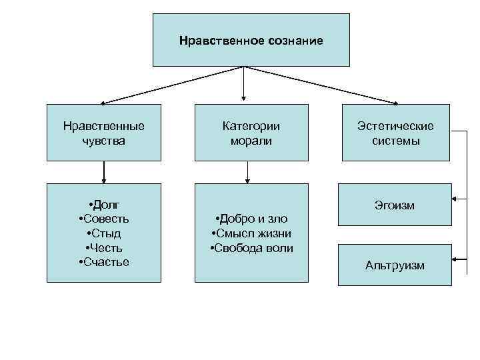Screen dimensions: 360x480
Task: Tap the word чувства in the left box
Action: click(103, 141)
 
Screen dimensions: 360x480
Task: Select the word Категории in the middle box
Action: click(251, 125)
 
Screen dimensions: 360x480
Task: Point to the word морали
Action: click(251, 141)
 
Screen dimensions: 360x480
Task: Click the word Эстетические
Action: click(395, 126)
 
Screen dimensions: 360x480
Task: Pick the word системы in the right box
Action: click(395, 141)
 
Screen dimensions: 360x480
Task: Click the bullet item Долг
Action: click(105, 204)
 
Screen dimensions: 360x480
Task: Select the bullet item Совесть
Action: click(105, 219)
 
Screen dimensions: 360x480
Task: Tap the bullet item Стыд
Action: click(105, 233)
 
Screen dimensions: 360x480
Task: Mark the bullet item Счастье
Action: click(105, 262)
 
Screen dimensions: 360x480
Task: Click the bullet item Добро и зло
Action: click(252, 219)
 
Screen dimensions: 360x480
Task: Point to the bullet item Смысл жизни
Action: click(252, 233)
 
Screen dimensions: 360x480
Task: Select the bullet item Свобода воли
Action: click(252, 248)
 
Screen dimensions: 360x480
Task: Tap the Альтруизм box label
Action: click(395, 265)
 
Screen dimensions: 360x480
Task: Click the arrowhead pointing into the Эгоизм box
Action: click(455, 199)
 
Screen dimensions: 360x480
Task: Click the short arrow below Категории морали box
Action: click(247, 175)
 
